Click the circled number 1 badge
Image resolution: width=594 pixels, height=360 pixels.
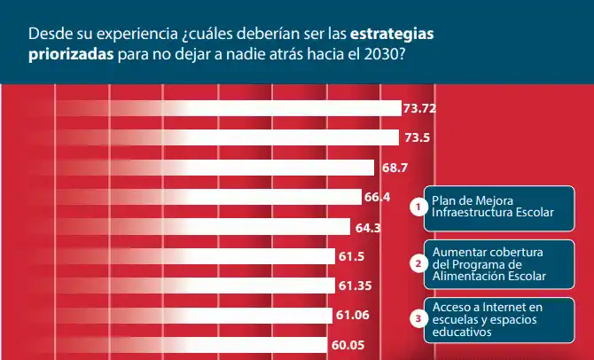click(x=418, y=207)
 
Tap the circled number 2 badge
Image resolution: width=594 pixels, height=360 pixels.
click(x=418, y=262)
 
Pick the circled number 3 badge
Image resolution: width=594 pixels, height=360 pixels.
click(x=418, y=317)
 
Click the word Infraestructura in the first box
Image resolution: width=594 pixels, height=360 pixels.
click(x=470, y=213)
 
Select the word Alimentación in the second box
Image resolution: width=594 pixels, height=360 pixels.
click(x=467, y=275)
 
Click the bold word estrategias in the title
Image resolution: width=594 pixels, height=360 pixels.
click(x=393, y=34)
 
